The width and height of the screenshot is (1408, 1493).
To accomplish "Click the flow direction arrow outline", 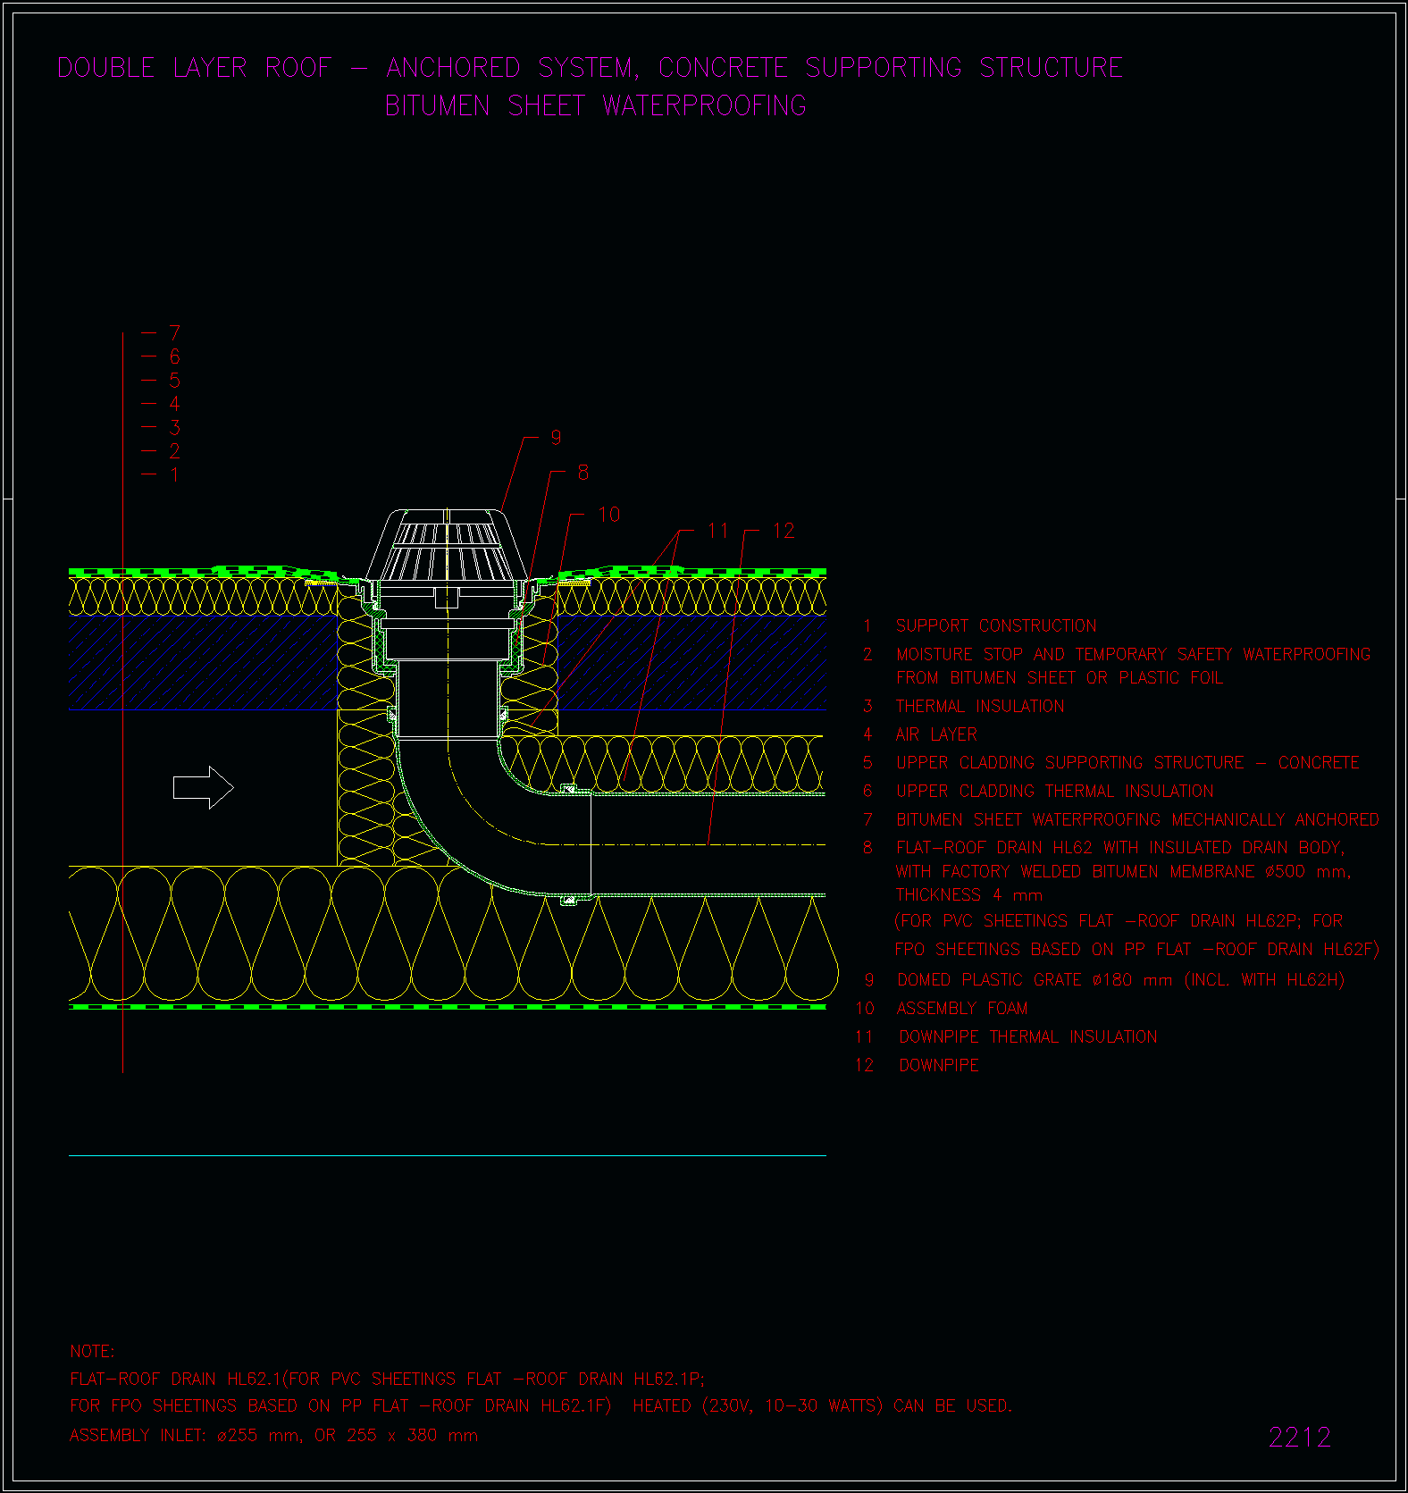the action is (x=203, y=787).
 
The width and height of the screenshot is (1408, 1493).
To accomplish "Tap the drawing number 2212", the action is (x=1300, y=1438).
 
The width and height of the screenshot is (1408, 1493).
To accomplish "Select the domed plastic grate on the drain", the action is (x=445, y=544).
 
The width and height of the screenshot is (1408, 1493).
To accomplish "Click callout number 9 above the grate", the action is (x=556, y=437).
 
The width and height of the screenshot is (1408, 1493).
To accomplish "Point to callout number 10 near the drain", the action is (x=608, y=515).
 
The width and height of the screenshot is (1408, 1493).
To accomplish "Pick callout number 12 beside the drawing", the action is (x=784, y=531).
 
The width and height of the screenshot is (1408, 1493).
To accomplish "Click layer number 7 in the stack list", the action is (x=174, y=333).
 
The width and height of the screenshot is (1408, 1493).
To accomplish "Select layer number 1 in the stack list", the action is (x=174, y=474).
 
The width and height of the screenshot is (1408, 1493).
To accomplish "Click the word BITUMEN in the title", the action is (x=437, y=106).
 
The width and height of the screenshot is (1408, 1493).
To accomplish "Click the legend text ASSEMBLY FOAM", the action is (x=962, y=1009).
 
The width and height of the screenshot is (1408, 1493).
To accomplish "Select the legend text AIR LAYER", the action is (x=936, y=734).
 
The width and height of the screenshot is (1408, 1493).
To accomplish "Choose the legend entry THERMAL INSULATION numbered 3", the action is (x=980, y=707).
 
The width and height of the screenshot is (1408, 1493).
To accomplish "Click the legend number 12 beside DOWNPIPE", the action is (x=864, y=1065).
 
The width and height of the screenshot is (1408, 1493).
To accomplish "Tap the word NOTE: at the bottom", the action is (x=92, y=1352).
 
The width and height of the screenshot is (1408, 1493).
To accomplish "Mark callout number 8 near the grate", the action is (x=582, y=473).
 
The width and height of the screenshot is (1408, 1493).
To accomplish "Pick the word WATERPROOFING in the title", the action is (x=704, y=106).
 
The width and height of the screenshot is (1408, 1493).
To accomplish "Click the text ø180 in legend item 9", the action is (x=1112, y=980).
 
